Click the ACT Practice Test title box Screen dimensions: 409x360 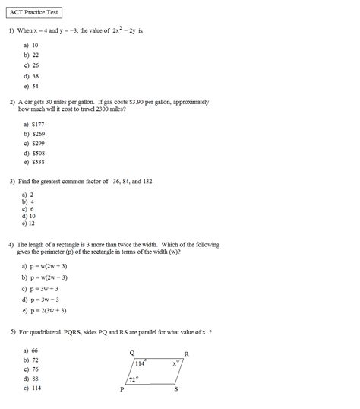[x=31, y=13]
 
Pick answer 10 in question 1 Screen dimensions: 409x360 [x=35, y=45]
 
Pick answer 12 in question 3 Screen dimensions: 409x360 [x=33, y=224]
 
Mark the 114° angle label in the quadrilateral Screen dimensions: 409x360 [x=140, y=363]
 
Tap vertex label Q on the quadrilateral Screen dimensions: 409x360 [x=132, y=353]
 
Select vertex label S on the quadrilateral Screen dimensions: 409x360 [x=176, y=389]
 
